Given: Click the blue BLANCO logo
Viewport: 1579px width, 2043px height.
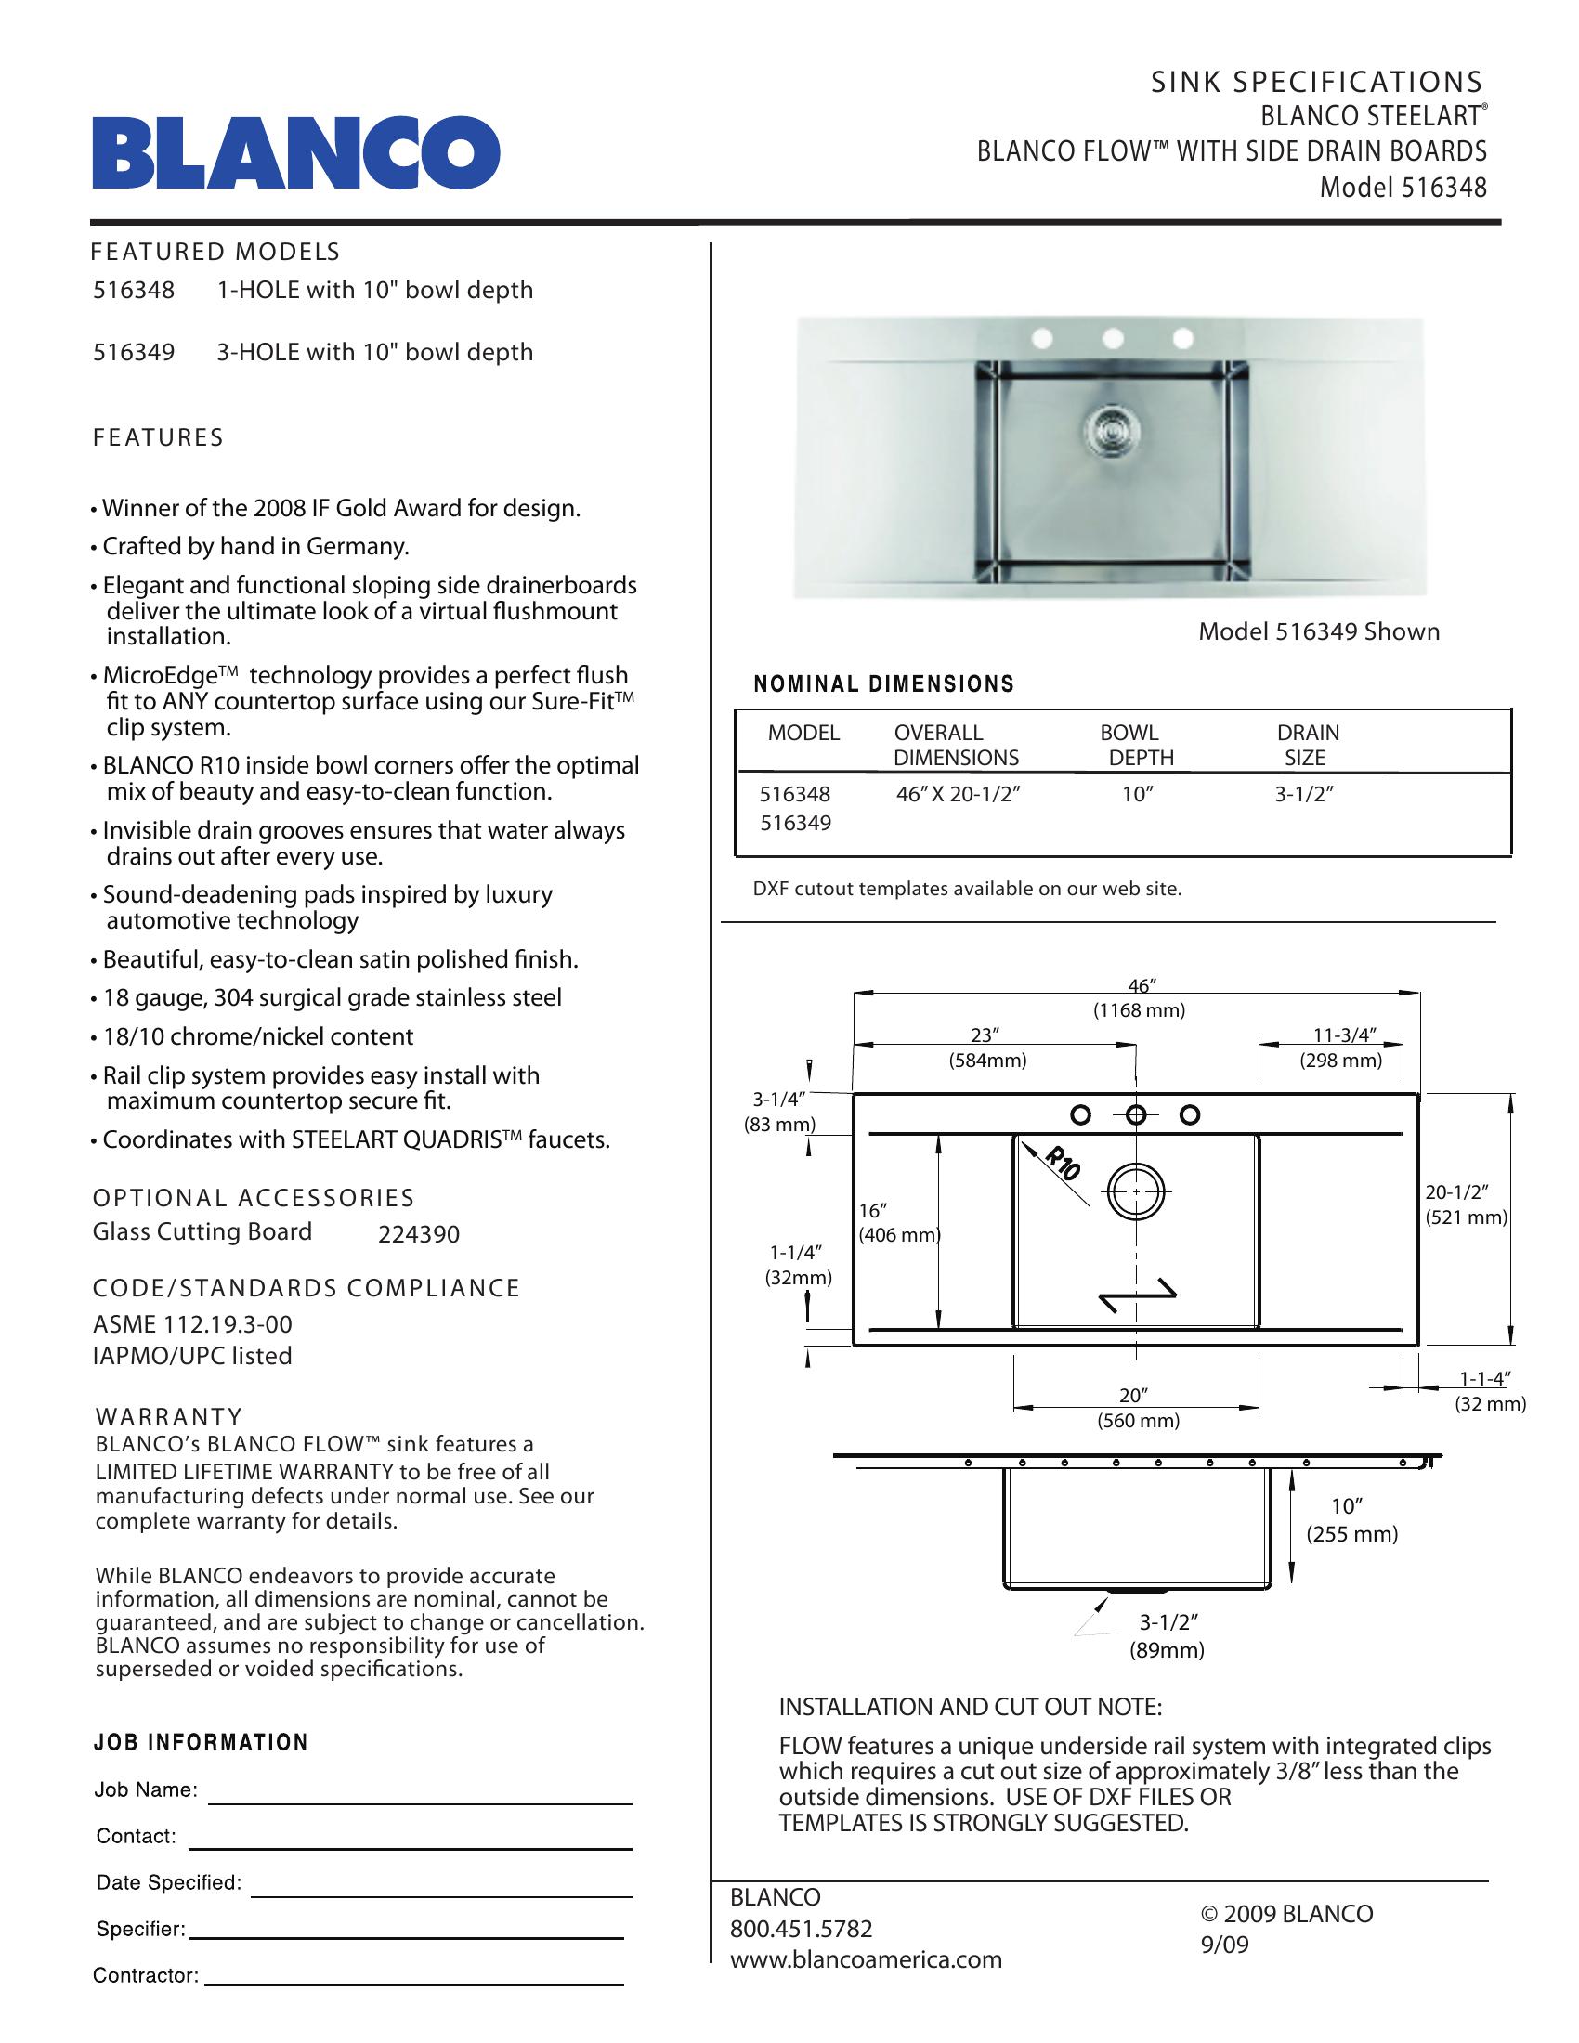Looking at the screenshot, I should pyautogui.click(x=295, y=152).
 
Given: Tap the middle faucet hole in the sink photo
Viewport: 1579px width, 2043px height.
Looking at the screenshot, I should pyautogui.click(x=1112, y=337).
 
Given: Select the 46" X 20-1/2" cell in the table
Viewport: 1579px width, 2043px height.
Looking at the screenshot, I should pyautogui.click(x=957, y=795).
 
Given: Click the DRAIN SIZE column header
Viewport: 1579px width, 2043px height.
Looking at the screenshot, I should pyautogui.click(x=1308, y=746).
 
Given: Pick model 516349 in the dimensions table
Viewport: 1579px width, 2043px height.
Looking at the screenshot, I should pyautogui.click(x=795, y=823).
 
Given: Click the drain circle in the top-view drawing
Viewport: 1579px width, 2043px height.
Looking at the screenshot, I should pyautogui.click(x=1137, y=1192).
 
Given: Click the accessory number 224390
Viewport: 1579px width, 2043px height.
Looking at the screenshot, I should pyautogui.click(x=419, y=1235).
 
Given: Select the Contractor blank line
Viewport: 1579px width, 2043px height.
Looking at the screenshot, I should pyautogui.click(x=413, y=1983).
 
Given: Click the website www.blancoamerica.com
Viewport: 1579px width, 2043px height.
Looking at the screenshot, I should pyautogui.click(x=866, y=1959).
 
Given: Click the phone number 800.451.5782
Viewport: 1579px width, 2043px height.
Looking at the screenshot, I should pyautogui.click(x=801, y=1929).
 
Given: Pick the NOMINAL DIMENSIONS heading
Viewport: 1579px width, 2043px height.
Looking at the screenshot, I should pyautogui.click(x=884, y=684).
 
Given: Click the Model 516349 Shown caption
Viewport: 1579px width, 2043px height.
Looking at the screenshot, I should pyautogui.click(x=1319, y=632).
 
